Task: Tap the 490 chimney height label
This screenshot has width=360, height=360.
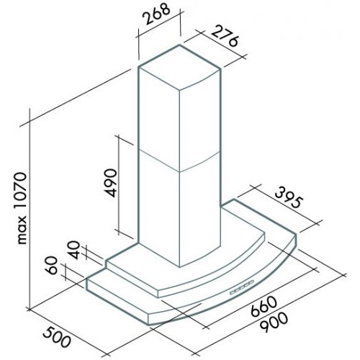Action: coord(111,183)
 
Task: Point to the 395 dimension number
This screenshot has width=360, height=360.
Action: coord(288,198)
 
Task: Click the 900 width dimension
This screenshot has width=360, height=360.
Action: coord(274,323)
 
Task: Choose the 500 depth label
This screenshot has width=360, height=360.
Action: coord(57,338)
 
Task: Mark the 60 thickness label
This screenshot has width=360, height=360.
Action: coord(53,265)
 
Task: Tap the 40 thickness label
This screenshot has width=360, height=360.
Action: coord(74,250)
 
